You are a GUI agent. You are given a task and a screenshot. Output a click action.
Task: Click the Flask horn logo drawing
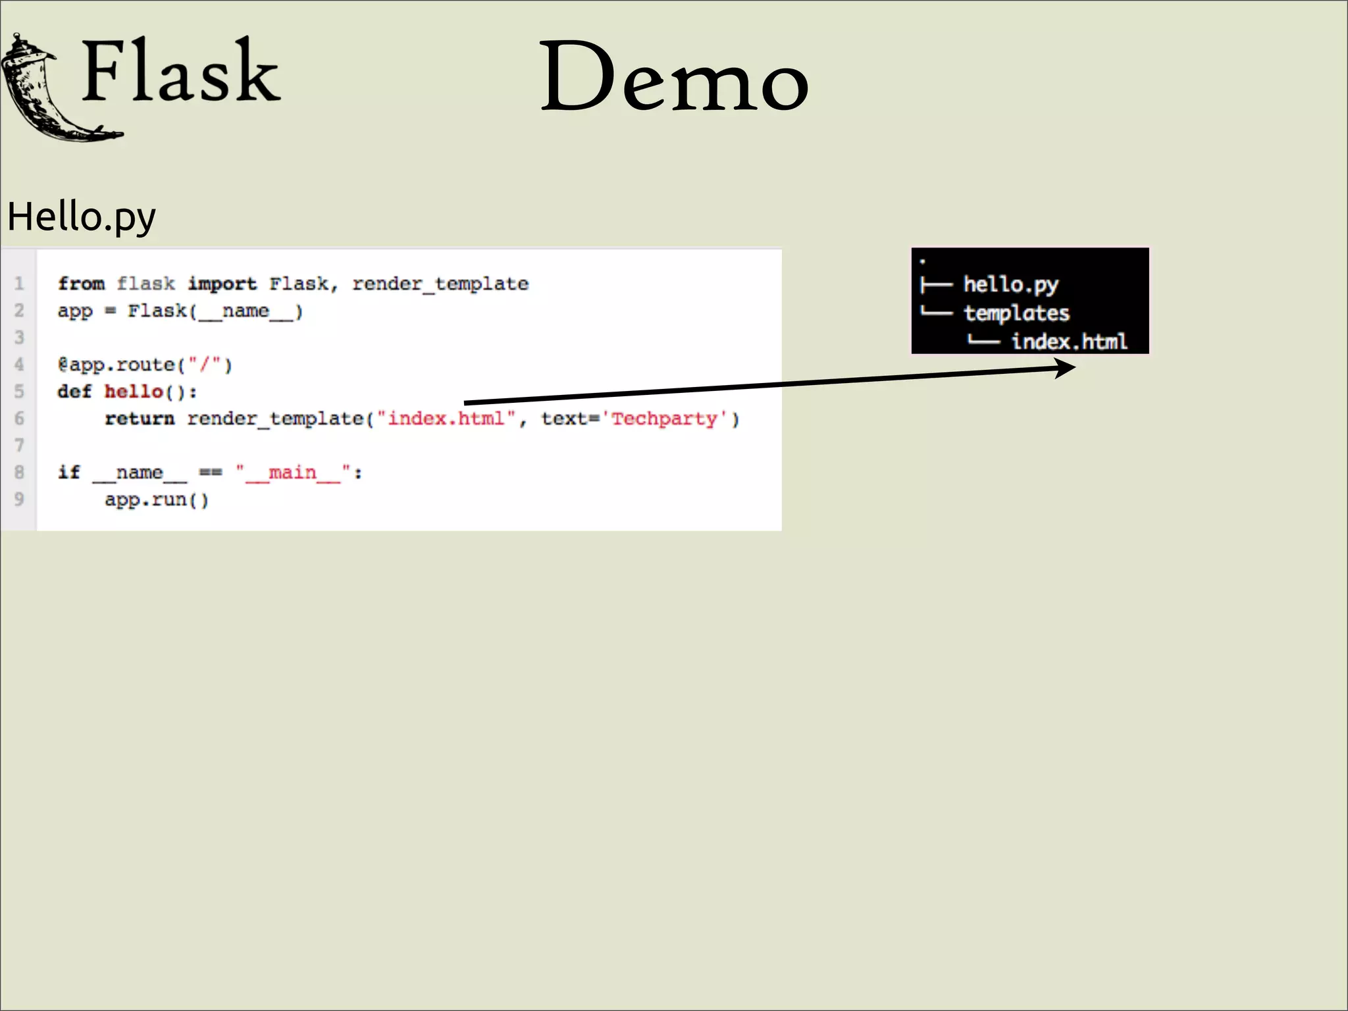click(x=49, y=89)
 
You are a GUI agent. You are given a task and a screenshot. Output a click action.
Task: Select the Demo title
click(x=673, y=77)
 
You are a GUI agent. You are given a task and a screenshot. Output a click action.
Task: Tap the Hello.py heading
click(x=82, y=217)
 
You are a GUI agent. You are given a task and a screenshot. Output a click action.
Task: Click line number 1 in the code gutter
click(x=19, y=284)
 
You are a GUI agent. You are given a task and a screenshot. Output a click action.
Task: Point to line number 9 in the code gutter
click(x=19, y=500)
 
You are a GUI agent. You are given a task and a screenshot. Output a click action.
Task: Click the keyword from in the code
click(x=81, y=284)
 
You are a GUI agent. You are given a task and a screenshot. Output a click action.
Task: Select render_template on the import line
click(x=440, y=284)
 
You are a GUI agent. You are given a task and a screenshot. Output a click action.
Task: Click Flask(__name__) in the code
click(x=215, y=311)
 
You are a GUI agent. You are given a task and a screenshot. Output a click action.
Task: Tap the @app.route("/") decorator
click(x=145, y=365)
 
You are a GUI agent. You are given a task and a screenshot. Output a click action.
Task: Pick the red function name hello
click(x=134, y=392)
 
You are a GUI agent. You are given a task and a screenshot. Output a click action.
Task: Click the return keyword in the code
click(x=140, y=419)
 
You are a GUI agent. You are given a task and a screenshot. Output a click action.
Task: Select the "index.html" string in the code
click(x=446, y=419)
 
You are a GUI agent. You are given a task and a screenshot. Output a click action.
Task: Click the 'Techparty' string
click(x=664, y=419)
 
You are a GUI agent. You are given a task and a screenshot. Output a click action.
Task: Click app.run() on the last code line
click(x=157, y=500)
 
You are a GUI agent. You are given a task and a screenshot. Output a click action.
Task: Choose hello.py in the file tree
click(x=1010, y=284)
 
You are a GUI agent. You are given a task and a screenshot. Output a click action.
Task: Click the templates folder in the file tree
click(x=1016, y=313)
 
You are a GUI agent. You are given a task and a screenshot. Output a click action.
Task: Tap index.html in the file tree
click(x=1069, y=342)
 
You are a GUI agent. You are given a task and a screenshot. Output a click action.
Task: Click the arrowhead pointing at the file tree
click(x=1065, y=368)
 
